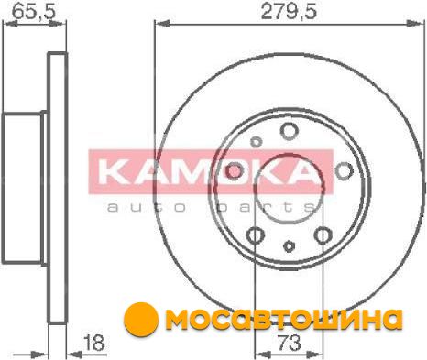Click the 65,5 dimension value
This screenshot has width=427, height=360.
pos(34,12)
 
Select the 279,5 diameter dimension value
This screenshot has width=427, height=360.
pos(290,12)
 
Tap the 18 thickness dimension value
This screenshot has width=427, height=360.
pos(93,343)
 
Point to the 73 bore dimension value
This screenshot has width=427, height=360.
pos(290,343)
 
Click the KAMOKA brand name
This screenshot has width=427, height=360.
pos(209,172)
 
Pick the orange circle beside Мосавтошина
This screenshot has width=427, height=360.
pos(141,320)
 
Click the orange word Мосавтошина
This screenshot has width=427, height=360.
pos(285,320)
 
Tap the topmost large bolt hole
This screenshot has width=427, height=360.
pos(289,130)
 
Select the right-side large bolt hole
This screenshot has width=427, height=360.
pos(344,170)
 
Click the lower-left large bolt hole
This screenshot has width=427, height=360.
pos(255,235)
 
